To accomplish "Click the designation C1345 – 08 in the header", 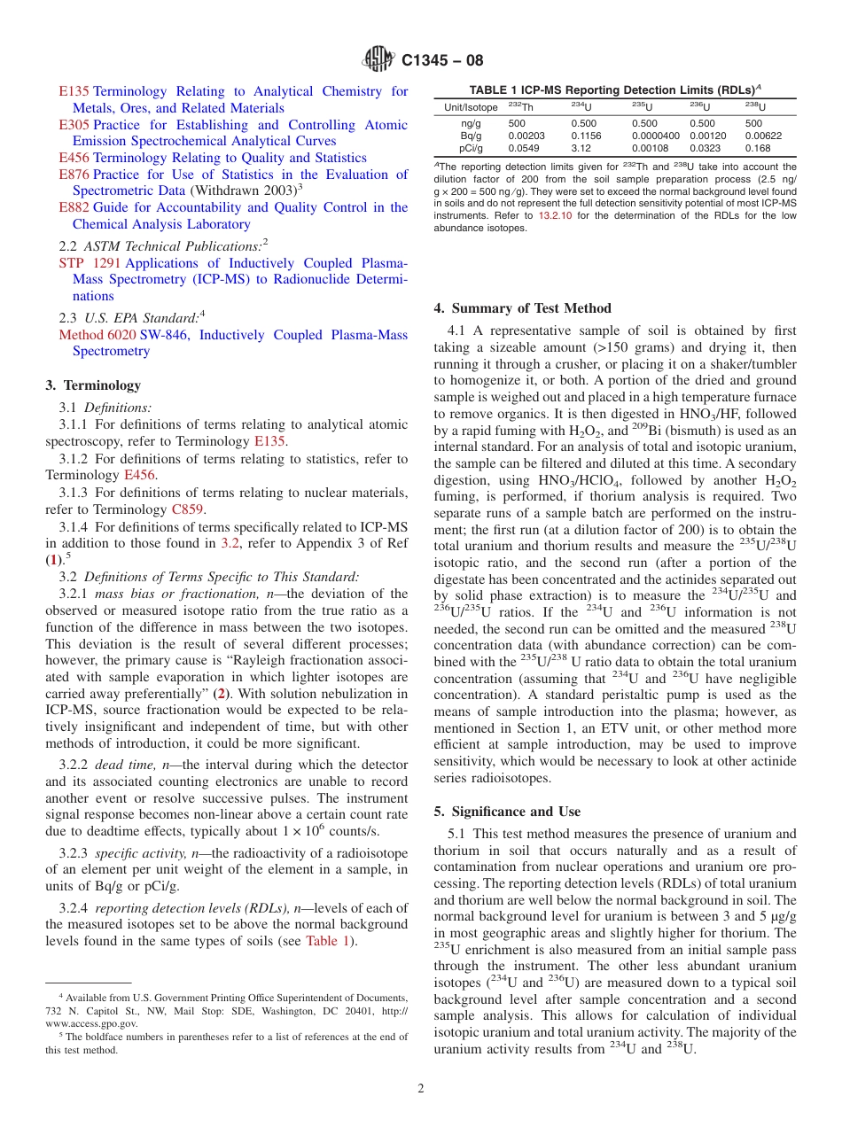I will point(442,61).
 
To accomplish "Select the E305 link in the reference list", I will point(74,125).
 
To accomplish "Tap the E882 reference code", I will point(74,207).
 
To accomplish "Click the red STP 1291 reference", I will point(90,263).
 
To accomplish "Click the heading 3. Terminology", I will point(93,385).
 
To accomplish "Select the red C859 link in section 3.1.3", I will point(187,509).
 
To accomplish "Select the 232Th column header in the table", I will point(521,107).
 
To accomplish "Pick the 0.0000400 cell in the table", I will point(655,136).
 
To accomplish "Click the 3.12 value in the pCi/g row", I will point(581,149).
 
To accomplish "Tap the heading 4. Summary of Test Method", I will point(522,308).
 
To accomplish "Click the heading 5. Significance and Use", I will point(507,812).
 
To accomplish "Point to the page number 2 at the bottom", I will point(421,1089).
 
